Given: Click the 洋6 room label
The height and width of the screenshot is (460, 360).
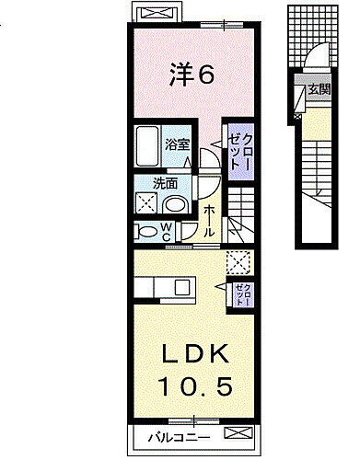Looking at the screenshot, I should click(x=192, y=75).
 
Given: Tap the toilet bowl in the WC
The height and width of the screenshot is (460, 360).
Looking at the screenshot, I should click(x=145, y=231).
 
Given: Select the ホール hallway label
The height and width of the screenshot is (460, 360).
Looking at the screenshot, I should click(x=211, y=221).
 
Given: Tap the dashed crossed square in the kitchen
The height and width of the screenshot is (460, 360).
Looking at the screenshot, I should click(x=240, y=263).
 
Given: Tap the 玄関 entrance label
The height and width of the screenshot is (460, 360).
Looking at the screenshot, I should click(x=318, y=89).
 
